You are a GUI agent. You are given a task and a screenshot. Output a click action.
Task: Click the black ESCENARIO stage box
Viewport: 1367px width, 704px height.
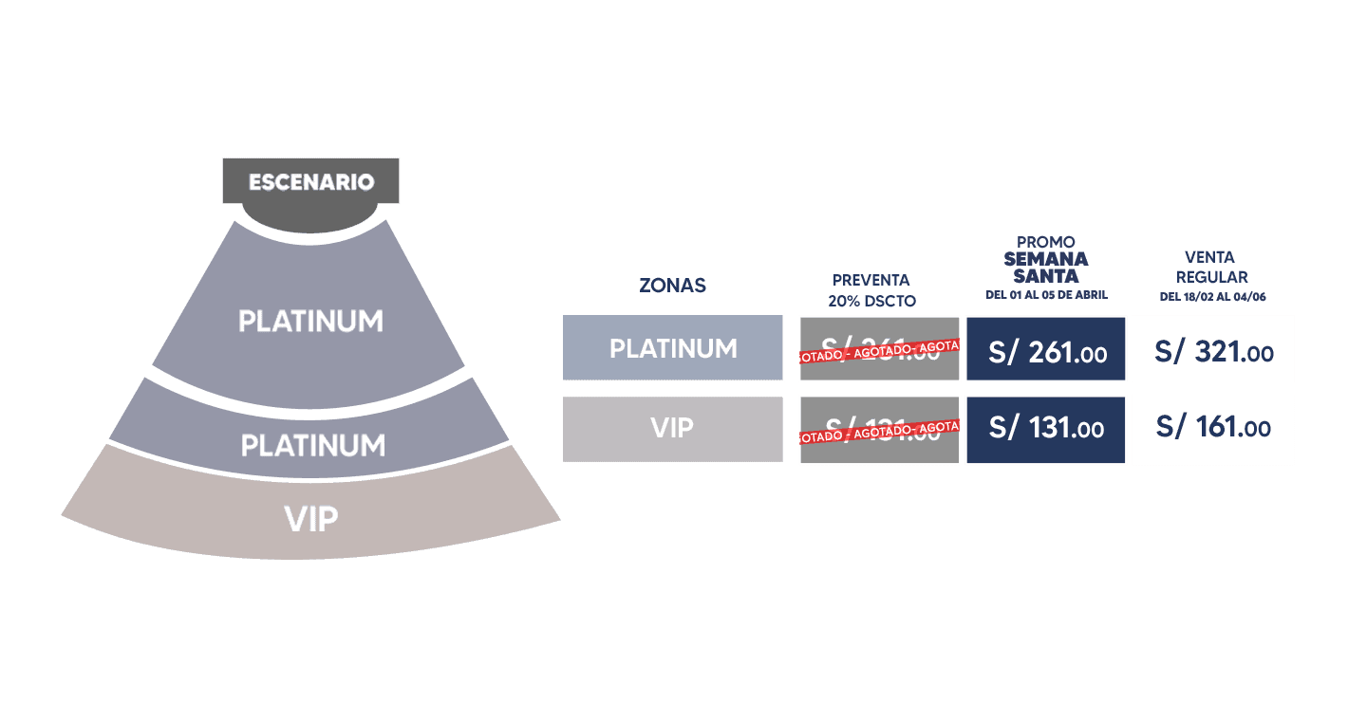(x=310, y=182)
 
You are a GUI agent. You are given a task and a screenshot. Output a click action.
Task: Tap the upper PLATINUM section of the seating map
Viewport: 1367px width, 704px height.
(x=310, y=321)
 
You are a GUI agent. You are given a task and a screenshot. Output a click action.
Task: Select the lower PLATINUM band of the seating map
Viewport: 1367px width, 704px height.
(x=312, y=444)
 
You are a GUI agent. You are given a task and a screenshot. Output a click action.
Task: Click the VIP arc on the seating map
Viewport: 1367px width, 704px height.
(x=311, y=519)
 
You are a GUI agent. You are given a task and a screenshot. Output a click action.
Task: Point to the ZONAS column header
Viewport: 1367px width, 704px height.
(x=672, y=286)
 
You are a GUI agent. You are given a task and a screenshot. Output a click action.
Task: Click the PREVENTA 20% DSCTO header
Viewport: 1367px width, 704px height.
(x=871, y=290)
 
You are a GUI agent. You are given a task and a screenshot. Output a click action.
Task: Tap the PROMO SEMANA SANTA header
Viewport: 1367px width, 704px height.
(x=1045, y=261)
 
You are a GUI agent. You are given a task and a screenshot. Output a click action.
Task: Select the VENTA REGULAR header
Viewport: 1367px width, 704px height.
(x=1211, y=267)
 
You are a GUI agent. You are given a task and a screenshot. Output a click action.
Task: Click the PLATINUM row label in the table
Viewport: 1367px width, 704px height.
(x=672, y=348)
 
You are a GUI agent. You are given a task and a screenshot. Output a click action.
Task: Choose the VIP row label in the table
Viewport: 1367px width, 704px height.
(x=672, y=428)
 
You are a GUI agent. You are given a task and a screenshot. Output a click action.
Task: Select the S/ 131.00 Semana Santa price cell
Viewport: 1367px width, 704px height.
(x=1046, y=429)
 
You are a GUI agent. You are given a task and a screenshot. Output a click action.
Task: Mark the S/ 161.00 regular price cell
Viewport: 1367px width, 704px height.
(x=1213, y=429)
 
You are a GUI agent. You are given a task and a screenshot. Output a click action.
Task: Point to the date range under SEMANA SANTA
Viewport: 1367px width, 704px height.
(x=1046, y=295)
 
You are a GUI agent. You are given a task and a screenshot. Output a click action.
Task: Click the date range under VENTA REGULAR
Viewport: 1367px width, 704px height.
(x=1212, y=297)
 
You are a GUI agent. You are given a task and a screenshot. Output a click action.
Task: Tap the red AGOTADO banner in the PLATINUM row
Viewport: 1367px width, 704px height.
(x=879, y=351)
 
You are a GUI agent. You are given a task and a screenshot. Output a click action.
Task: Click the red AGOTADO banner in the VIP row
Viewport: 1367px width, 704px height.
(x=879, y=432)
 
